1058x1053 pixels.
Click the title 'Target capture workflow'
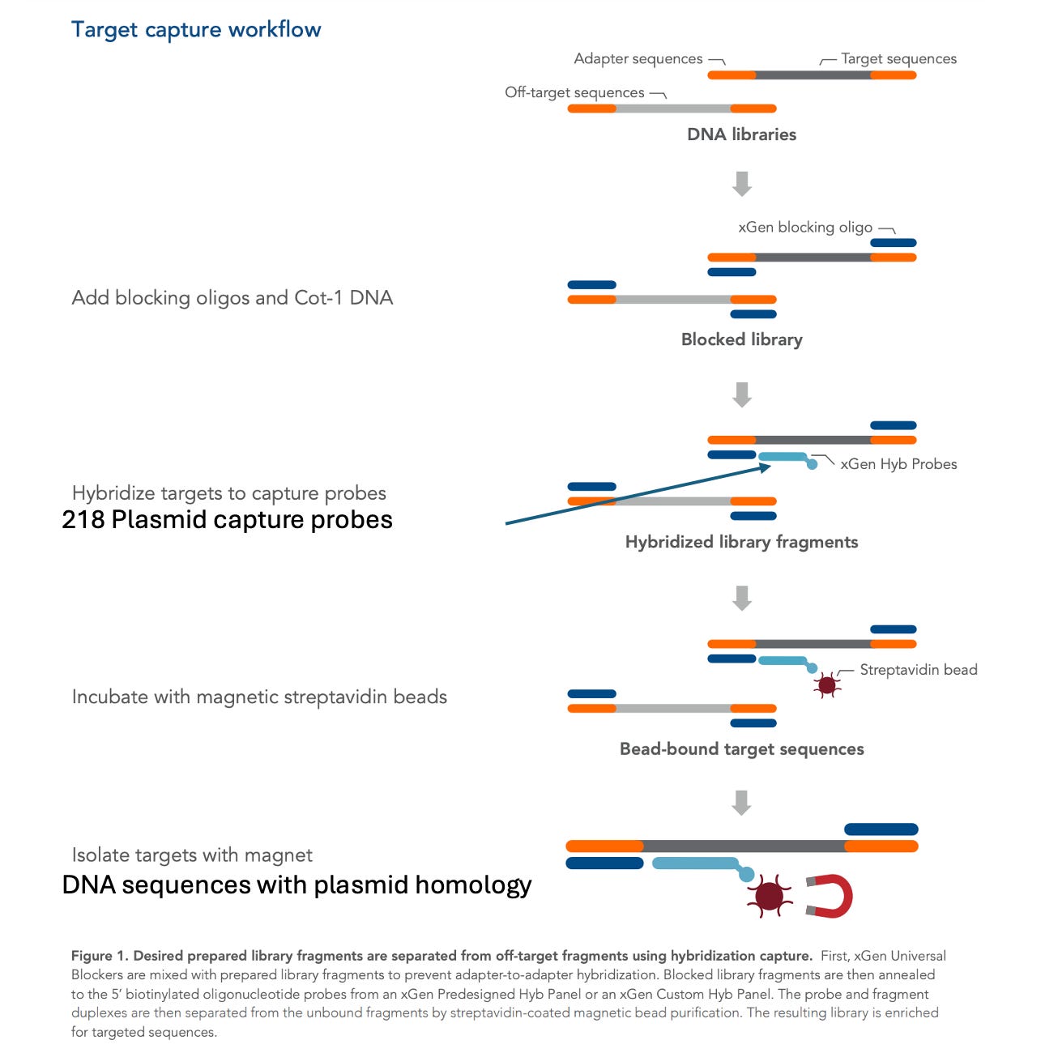pos(196,30)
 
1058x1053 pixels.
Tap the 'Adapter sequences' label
pos(638,58)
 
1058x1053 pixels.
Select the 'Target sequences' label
pos(898,58)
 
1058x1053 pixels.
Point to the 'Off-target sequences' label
pos(574,92)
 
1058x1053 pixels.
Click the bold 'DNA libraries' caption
pos(741,134)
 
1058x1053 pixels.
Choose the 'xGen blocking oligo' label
pos(805,227)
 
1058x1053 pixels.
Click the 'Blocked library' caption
pos(741,339)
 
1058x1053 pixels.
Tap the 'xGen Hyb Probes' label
pos(898,464)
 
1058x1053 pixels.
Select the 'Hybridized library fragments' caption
pos(741,542)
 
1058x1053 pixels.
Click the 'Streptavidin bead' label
pos(918,670)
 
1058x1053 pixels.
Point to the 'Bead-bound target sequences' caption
pos(741,749)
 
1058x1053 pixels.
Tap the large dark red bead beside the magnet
pos(769,895)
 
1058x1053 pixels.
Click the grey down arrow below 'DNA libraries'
pos(741,184)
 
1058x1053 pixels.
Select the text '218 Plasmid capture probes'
pos(227,519)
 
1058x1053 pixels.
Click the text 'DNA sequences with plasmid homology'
pos(296,885)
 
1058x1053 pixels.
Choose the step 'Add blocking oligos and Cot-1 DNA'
pos(233,298)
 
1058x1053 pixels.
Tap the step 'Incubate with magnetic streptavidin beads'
pos(259,697)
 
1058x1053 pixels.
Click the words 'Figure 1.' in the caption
pos(100,956)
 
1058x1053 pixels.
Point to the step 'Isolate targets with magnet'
pos(192,855)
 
